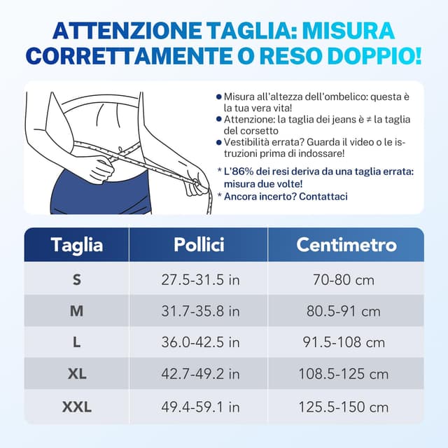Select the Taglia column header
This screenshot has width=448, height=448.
77,244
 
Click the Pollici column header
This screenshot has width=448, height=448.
199,244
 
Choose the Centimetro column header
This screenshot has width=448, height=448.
346,244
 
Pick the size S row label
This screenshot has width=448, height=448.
77,280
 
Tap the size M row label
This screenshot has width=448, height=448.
77,311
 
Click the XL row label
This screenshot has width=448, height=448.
77,374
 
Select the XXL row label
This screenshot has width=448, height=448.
77,406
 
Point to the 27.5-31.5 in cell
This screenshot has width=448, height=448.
200,280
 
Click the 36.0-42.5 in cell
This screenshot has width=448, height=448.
200,342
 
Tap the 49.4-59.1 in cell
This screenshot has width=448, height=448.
200,406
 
